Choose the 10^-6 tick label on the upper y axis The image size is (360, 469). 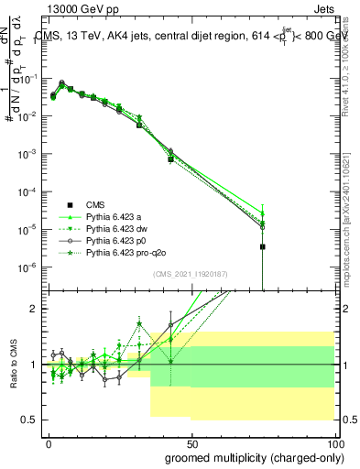26,267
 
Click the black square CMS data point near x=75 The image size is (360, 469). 262,246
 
